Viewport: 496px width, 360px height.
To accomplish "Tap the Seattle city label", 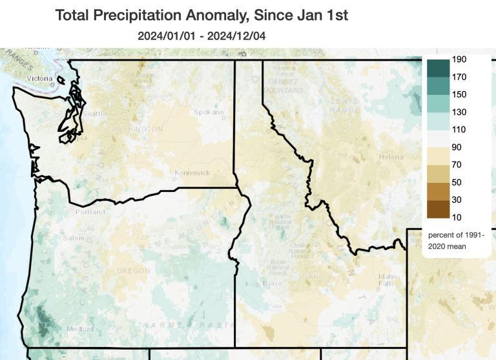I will tap(92, 114).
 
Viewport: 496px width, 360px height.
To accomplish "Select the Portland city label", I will tap(90, 212).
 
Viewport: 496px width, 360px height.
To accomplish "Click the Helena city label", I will tap(391, 157).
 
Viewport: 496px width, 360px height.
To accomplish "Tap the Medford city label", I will tap(80, 329).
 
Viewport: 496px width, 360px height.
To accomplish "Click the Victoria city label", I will tap(39, 79).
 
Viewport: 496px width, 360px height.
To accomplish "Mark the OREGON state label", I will tap(132, 270).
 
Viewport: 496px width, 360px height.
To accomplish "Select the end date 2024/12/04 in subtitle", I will tap(234, 36).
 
